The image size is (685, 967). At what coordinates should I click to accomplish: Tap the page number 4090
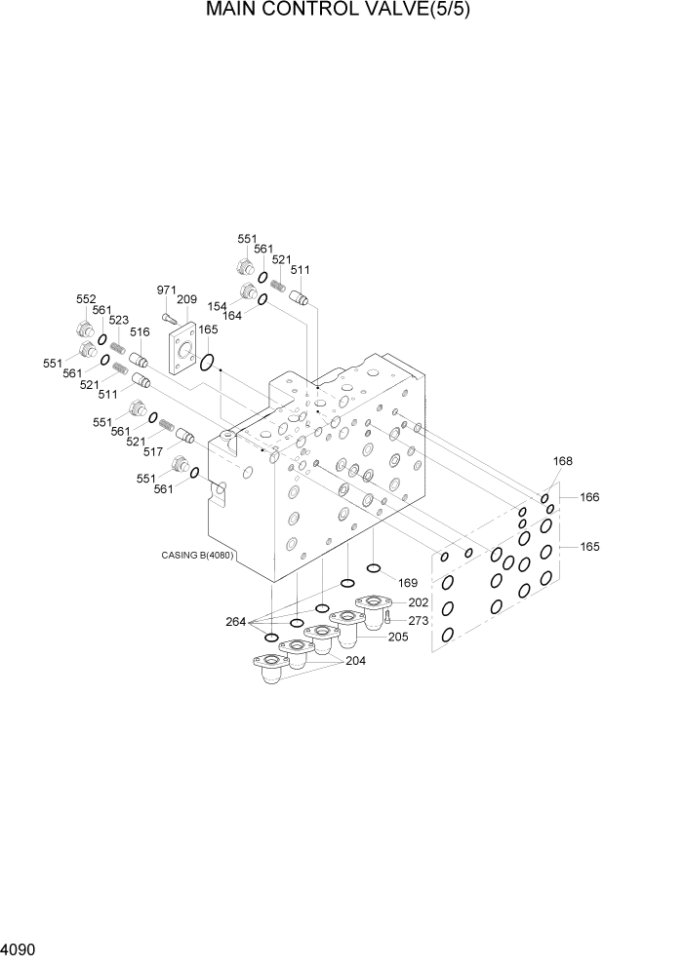pyautogui.click(x=20, y=948)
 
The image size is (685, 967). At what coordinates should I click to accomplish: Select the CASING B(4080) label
pyautogui.click(x=203, y=557)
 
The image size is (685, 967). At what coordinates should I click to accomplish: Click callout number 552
pyautogui.click(x=87, y=299)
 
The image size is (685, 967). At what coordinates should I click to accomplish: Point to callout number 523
pyautogui.click(x=119, y=320)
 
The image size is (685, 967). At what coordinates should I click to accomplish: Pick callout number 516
pyautogui.click(x=141, y=332)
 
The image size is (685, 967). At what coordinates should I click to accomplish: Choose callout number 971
pyautogui.click(x=167, y=290)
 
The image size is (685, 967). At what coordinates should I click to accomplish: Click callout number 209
pyautogui.click(x=187, y=300)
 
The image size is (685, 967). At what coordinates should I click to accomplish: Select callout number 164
pyautogui.click(x=232, y=316)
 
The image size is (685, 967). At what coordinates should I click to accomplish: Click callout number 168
pyautogui.click(x=563, y=462)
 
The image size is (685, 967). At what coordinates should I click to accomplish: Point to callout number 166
pyautogui.click(x=589, y=497)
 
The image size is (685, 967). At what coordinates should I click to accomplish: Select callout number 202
pyautogui.click(x=419, y=602)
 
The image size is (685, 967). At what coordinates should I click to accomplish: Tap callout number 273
pyautogui.click(x=419, y=620)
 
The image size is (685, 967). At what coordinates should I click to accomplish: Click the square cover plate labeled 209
pyautogui.click(x=182, y=351)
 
